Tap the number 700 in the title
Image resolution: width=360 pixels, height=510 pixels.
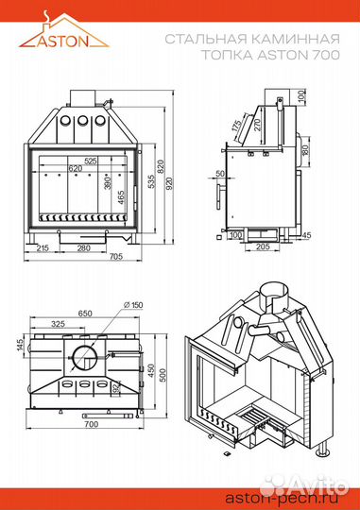tap(326, 55)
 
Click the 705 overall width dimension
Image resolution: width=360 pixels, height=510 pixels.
tap(116, 257)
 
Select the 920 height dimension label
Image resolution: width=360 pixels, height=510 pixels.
tap(169, 184)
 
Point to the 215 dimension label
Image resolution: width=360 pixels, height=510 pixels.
tap(43, 248)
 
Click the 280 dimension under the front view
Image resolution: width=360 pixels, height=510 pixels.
tap(84, 248)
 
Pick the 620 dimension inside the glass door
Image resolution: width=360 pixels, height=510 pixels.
tap(76, 168)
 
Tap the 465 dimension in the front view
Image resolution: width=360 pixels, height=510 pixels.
tap(121, 197)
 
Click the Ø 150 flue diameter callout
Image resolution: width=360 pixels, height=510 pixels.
tap(134, 305)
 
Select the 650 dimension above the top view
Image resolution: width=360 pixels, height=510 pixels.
tap(85, 314)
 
